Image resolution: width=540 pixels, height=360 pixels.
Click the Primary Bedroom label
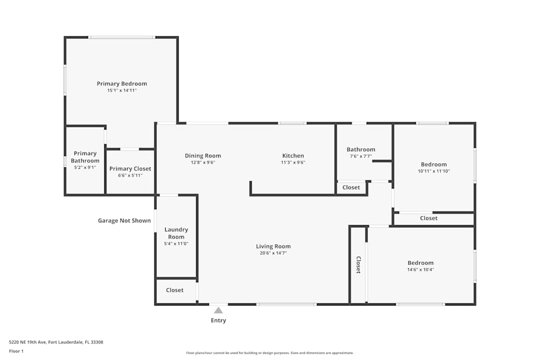[x=122, y=84]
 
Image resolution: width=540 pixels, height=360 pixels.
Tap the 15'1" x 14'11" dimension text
[x=122, y=91]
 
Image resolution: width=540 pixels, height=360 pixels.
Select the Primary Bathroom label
[x=85, y=157]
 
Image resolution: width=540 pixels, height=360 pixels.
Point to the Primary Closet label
[x=130, y=168]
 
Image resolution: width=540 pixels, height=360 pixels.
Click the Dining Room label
[x=203, y=156]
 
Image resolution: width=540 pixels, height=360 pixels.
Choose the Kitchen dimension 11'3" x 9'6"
[x=293, y=162]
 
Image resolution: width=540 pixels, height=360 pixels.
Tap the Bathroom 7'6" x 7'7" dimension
[x=361, y=157]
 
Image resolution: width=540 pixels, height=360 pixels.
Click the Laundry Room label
[x=176, y=233]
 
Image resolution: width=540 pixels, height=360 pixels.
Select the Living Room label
[x=273, y=247]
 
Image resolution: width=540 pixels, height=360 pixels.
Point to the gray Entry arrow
[x=218, y=310]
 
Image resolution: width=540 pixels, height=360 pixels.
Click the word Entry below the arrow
[x=218, y=321]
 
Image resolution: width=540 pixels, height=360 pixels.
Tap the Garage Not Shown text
[x=124, y=221]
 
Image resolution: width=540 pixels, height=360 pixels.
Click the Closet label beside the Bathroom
[x=351, y=187]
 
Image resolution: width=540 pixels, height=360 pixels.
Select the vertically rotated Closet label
[x=358, y=264]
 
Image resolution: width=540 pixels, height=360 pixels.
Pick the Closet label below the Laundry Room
[x=174, y=290]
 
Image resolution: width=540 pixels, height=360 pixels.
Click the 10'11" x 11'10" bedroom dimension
[x=434, y=171]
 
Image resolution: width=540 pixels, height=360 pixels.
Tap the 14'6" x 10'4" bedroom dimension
[x=421, y=270]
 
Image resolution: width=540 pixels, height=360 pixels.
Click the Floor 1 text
[x=16, y=351]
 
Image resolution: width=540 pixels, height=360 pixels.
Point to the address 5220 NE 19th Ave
[x=28, y=342]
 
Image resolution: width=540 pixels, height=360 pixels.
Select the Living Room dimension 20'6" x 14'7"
[x=273, y=253]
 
